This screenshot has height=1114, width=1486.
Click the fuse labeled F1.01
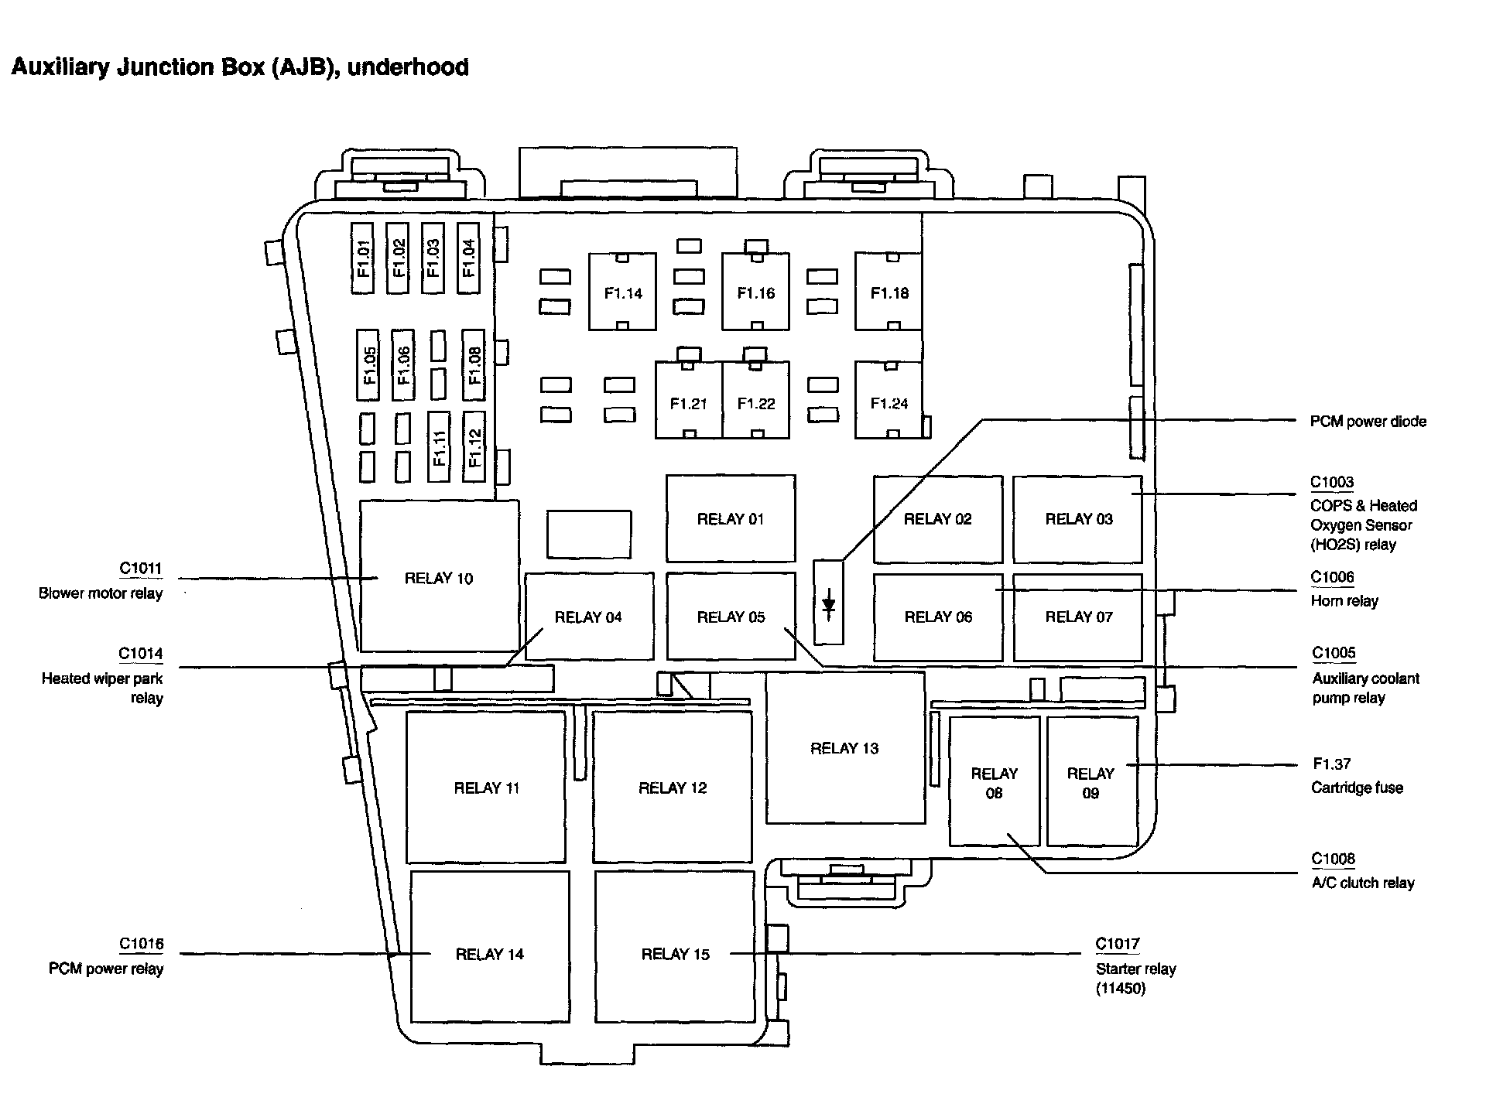tap(362, 258)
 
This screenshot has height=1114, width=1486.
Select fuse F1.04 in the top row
tap(468, 258)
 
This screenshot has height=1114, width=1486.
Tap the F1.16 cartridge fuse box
tap(755, 292)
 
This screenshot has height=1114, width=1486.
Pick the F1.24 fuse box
tap(889, 402)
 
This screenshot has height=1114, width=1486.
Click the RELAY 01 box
tap(730, 518)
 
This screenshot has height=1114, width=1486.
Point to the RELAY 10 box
tap(439, 577)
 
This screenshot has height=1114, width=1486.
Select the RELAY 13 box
tap(844, 748)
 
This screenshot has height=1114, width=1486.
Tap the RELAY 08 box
tap(994, 782)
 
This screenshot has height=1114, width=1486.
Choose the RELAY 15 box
tap(675, 954)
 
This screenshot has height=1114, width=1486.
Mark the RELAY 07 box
tap(1078, 617)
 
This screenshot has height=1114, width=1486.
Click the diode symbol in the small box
tap(828, 603)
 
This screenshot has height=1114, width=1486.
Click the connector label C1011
tap(140, 569)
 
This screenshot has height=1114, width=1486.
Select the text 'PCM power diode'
tap(1368, 422)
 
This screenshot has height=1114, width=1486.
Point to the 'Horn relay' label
tap(1344, 601)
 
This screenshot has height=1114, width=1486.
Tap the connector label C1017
tap(1117, 944)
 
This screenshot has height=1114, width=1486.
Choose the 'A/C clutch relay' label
tap(1362, 883)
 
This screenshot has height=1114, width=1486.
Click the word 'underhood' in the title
tap(408, 67)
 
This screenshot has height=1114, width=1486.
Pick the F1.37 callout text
tap(1331, 764)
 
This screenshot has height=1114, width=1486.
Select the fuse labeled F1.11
tap(439, 447)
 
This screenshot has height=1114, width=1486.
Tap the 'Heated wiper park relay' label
tap(102, 688)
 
